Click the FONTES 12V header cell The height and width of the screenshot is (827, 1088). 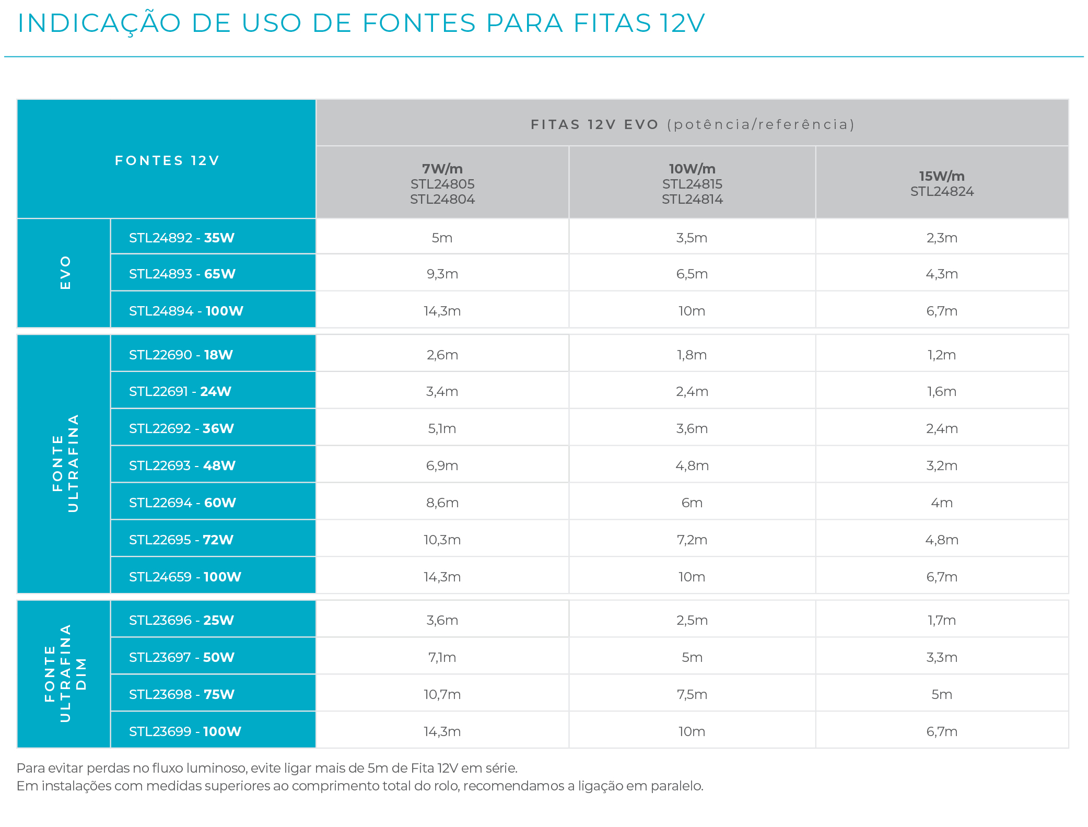click(x=167, y=160)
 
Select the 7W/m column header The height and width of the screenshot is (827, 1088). click(x=442, y=169)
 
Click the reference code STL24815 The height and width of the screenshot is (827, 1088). click(x=692, y=184)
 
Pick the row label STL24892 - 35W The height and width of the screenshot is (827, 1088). click(x=181, y=238)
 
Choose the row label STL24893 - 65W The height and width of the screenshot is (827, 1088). click(x=182, y=274)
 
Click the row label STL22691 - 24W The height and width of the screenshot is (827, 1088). click(x=180, y=391)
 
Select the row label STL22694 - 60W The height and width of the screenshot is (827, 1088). click(x=182, y=503)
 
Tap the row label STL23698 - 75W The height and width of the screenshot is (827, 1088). click(x=181, y=694)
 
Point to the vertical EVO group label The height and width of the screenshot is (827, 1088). click(x=65, y=273)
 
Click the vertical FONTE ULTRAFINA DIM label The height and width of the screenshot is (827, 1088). click(x=65, y=674)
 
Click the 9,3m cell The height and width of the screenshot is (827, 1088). click(x=442, y=274)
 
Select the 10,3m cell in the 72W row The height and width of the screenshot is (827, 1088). click(x=442, y=540)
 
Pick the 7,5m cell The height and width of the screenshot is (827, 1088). click(x=692, y=694)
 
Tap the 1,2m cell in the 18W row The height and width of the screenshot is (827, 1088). click(x=941, y=355)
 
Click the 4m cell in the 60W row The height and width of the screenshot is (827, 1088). click(x=941, y=503)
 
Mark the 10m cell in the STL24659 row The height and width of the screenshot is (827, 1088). click(x=692, y=577)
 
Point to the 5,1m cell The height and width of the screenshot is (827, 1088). click(x=442, y=428)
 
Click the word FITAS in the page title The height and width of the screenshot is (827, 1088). click(x=612, y=24)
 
